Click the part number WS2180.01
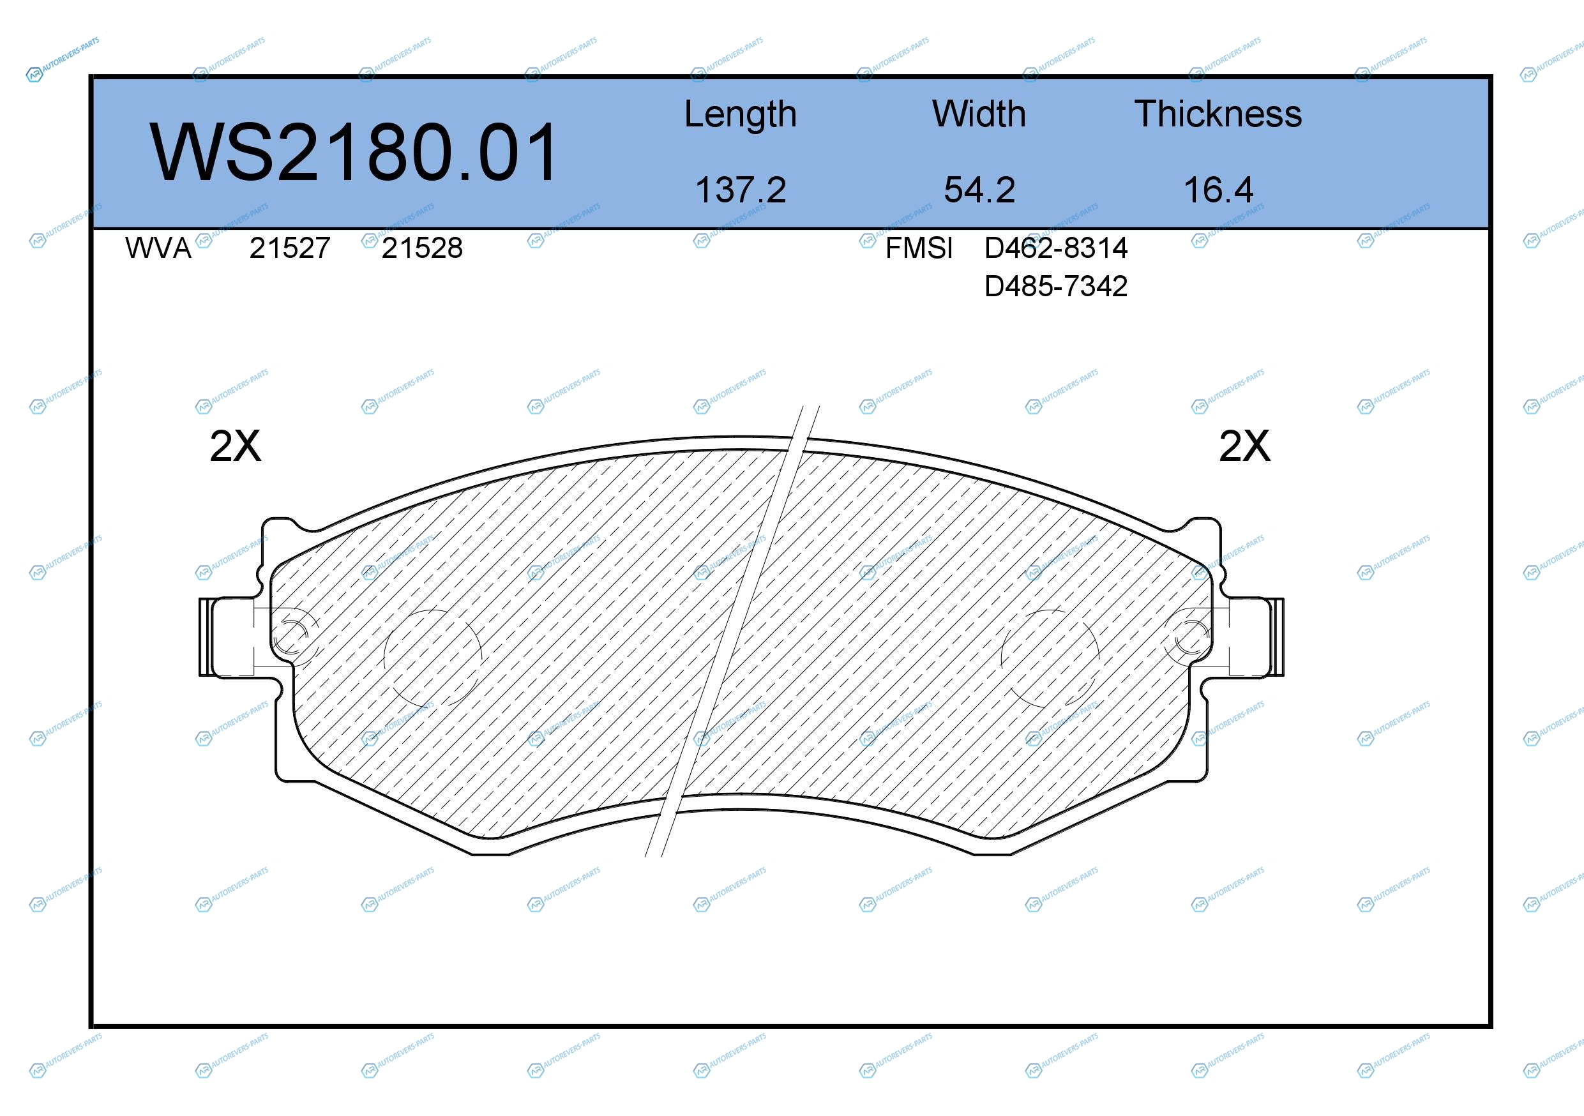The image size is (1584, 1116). coord(354,152)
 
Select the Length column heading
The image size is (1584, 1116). coord(740,114)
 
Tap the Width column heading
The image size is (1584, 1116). coord(979,114)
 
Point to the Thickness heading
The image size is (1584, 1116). coord(1218,114)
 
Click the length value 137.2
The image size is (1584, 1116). coord(740,190)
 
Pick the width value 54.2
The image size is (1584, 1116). coord(979,190)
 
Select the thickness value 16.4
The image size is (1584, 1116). coord(1218,190)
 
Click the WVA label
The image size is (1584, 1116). coord(158,248)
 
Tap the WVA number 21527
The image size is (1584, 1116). coord(290,248)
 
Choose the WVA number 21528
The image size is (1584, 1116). coord(422,248)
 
